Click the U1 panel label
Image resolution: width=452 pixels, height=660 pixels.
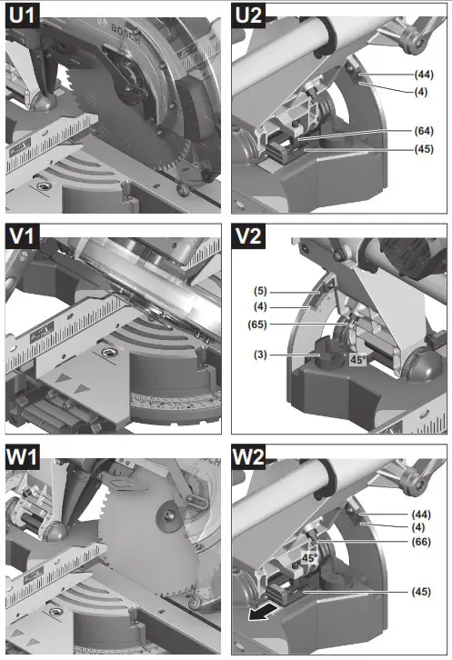22,15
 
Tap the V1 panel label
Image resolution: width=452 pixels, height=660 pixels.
22,238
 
